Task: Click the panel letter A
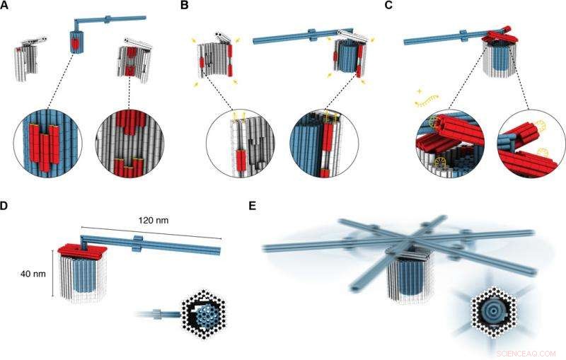point(6,6)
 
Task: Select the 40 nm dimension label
point(25,273)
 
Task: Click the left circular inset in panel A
point(47,141)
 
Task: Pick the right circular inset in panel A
point(131,141)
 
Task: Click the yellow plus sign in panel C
point(420,92)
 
